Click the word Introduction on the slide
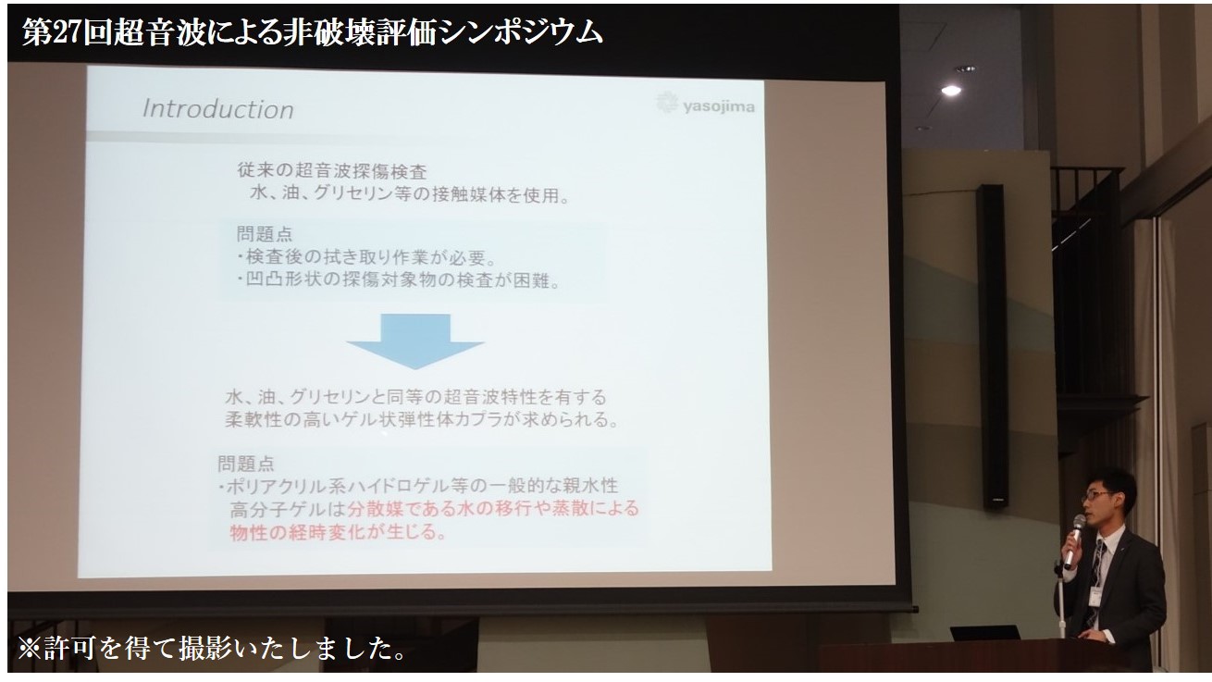click(218, 109)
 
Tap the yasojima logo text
click(719, 106)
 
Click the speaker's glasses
click(1096, 495)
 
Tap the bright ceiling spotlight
click(951, 91)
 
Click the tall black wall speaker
click(992, 347)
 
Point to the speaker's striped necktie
click(1095, 579)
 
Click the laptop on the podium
click(984, 633)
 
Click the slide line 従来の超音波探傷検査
click(332, 171)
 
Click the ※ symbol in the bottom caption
click(30, 649)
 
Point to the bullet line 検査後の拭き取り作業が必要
click(367, 257)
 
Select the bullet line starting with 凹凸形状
click(399, 280)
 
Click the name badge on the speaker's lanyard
click(1095, 595)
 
